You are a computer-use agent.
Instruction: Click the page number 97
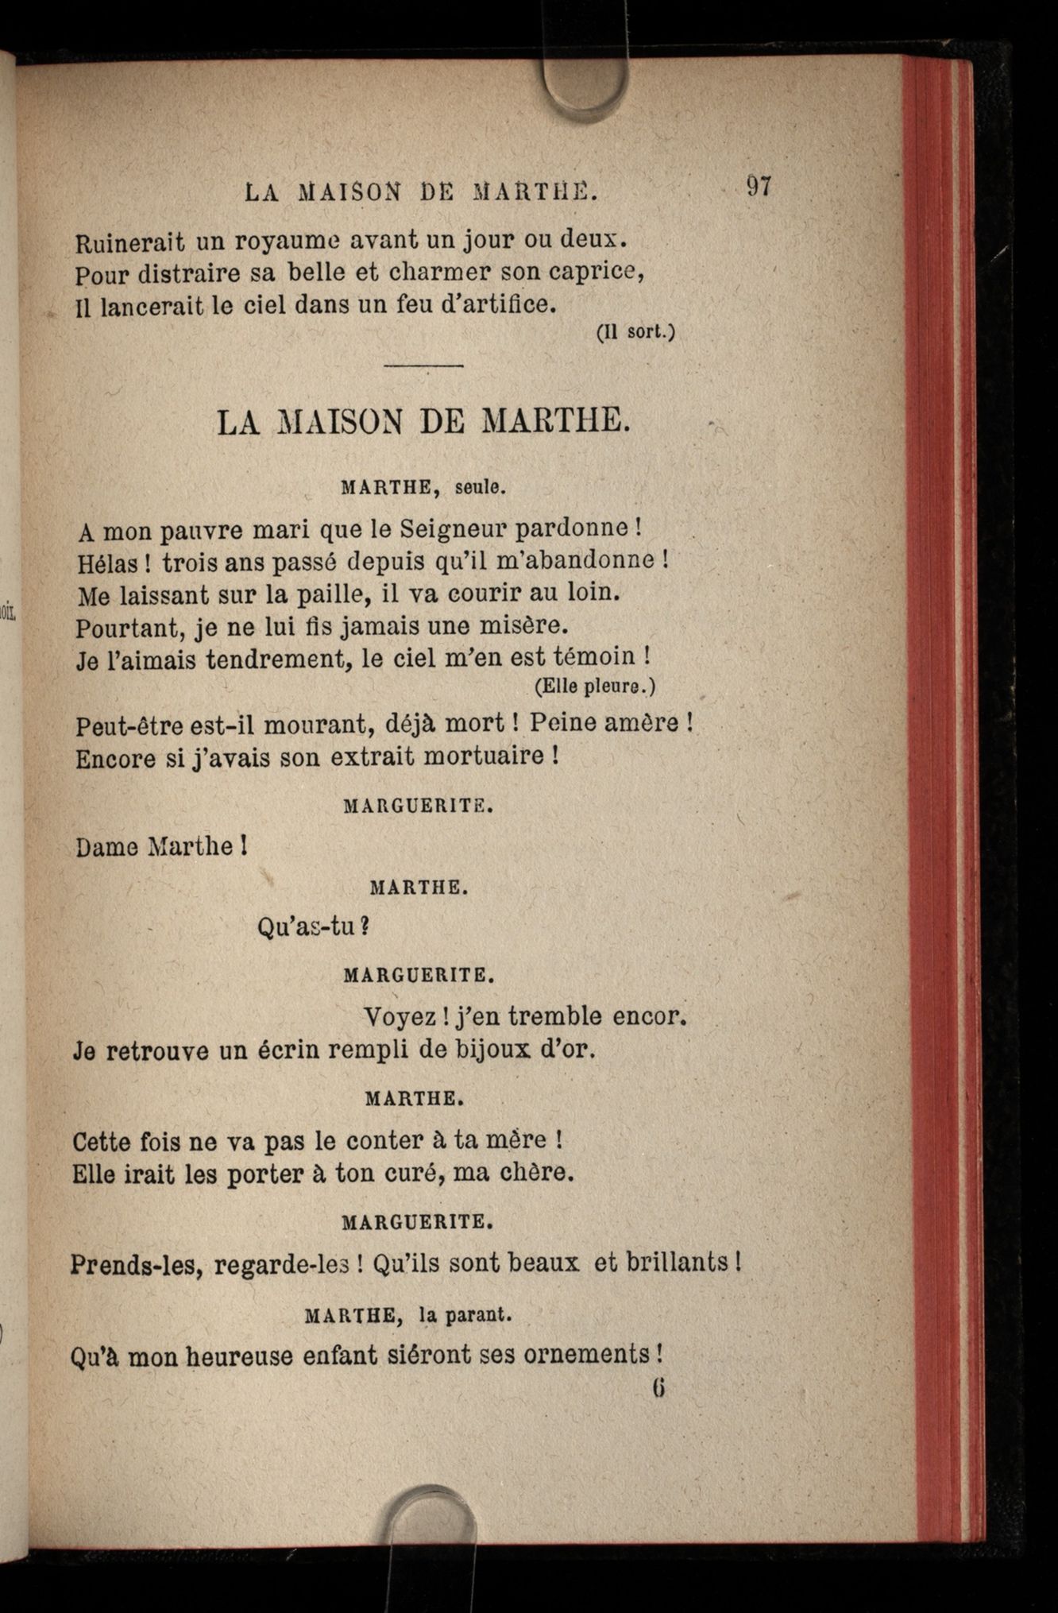pyautogui.click(x=759, y=188)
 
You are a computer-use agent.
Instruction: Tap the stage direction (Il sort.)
pyautogui.click(x=635, y=333)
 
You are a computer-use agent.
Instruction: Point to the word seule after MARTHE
pyautogui.click(x=481, y=489)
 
